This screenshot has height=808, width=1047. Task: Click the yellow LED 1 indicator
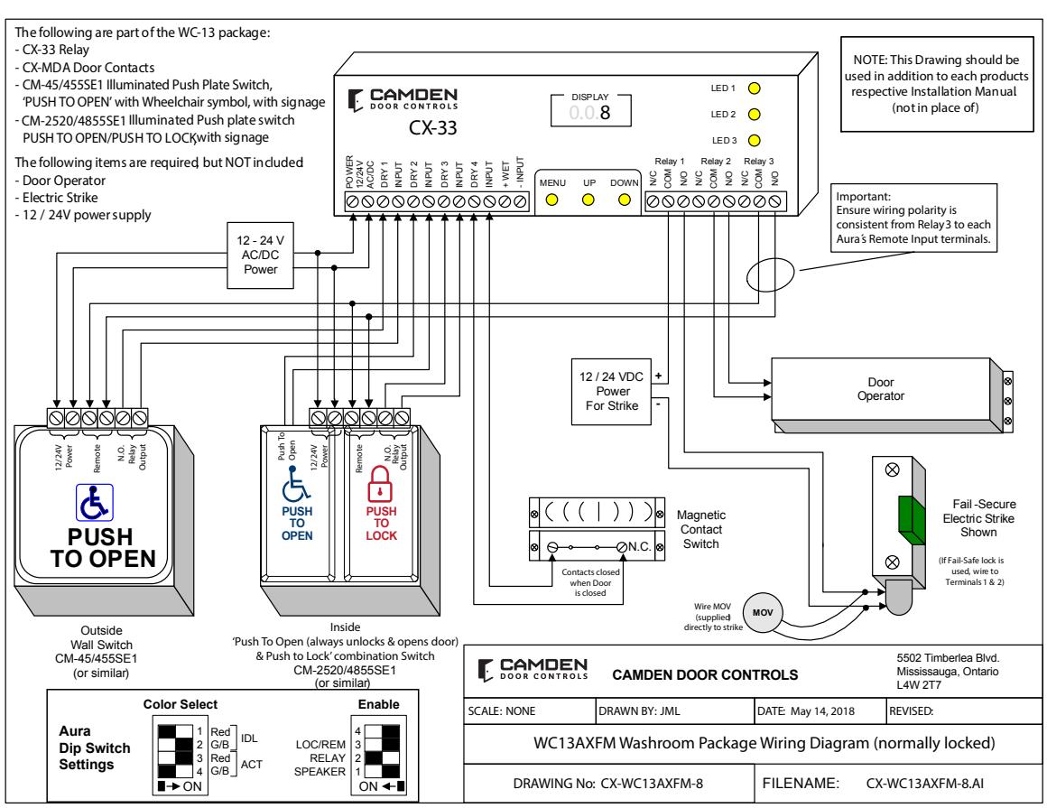pos(754,88)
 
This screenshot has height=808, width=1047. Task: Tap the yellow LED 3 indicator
pos(754,140)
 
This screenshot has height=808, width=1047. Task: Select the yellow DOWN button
pos(625,200)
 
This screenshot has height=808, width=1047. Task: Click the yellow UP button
pos(588,200)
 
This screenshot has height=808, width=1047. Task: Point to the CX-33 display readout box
pos(590,111)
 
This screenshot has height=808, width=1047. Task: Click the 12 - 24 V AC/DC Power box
pos(261,255)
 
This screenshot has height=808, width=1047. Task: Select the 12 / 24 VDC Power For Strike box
pos(612,391)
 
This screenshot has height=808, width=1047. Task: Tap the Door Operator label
pos(881,388)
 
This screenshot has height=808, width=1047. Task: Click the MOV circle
pos(763,612)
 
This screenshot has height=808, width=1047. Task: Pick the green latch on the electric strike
pos(911,521)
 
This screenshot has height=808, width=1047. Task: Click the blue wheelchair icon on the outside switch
pos(94,503)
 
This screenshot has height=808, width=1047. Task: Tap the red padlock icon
pos(379,484)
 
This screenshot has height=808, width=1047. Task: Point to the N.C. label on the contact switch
pos(639,546)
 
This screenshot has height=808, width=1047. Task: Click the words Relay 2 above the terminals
pos(715,161)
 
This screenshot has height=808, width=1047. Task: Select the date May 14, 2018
pos(822,710)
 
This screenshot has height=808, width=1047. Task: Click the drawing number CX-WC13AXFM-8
pos(651,784)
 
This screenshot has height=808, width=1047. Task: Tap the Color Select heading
pos(181,704)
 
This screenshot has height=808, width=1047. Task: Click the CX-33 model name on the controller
pos(432,127)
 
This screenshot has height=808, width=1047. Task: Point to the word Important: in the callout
pos(864,196)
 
